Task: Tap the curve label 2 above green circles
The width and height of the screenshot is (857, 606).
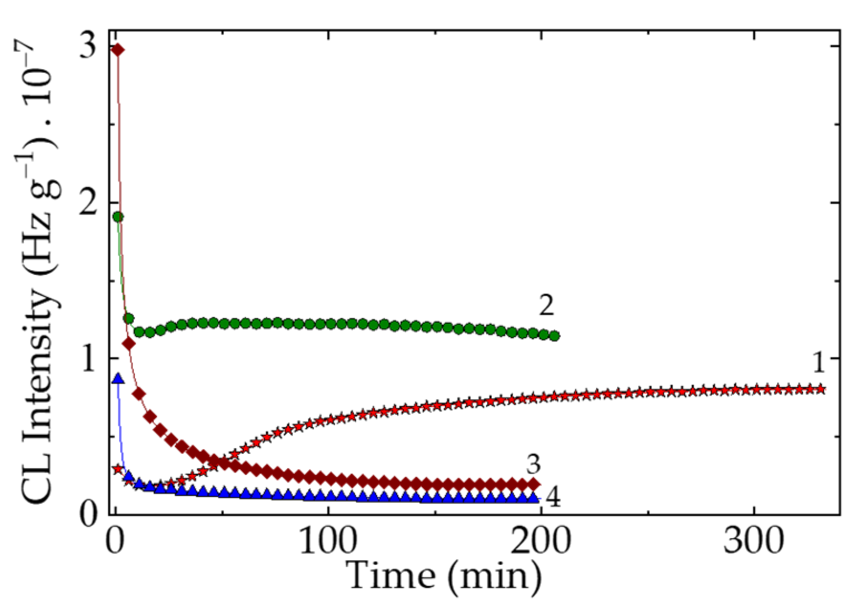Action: (546, 305)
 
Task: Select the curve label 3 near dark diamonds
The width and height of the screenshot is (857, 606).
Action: (533, 464)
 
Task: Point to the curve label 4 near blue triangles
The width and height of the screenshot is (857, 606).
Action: (552, 498)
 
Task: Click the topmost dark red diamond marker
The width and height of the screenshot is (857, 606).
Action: (118, 50)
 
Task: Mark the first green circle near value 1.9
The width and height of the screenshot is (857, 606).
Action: (118, 217)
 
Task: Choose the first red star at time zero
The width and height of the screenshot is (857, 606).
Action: (117, 469)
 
